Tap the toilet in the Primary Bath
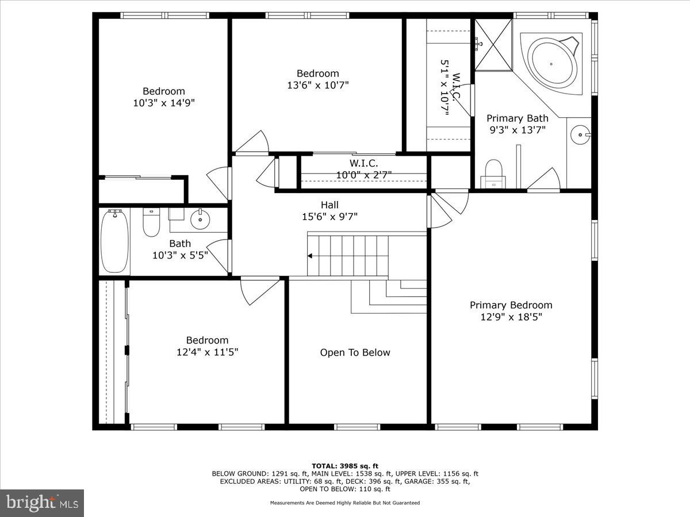point(493,173)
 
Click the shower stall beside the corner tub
point(492,45)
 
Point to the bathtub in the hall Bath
point(114,241)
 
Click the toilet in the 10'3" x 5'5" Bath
point(151,223)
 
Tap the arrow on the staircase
point(310,256)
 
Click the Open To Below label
point(355,353)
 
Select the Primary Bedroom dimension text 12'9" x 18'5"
point(511,317)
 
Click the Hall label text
point(329,205)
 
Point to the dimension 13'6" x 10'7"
point(317,85)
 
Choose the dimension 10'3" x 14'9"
point(163,103)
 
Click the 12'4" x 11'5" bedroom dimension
point(207,352)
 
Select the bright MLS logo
point(41,503)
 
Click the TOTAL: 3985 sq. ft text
point(345,466)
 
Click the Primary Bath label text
point(517,118)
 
